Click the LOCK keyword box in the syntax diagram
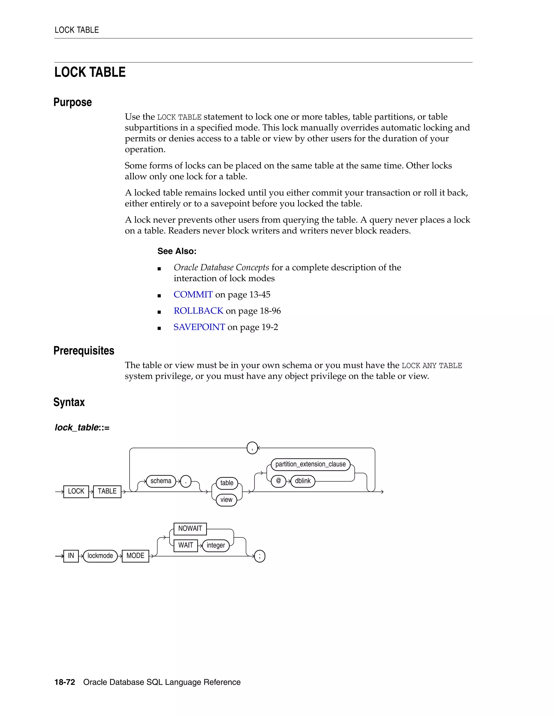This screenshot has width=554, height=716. (76, 491)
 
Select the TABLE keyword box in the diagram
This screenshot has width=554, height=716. (107, 491)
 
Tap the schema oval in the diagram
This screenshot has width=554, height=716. (161, 481)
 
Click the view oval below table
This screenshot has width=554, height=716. (226, 500)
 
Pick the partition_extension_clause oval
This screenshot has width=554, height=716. (311, 464)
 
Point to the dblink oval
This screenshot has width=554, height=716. (303, 481)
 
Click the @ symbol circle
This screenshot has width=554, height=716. (278, 481)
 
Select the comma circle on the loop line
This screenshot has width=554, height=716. (252, 448)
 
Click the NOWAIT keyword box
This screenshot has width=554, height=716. (190, 528)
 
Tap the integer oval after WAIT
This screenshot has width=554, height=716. (216, 545)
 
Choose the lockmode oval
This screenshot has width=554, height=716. (100, 556)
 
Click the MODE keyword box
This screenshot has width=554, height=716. (135, 556)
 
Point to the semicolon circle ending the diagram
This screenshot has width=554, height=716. (260, 556)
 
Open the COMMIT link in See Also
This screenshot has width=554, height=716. (193, 295)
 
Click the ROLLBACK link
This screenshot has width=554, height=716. (198, 311)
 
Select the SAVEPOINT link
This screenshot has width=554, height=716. (199, 327)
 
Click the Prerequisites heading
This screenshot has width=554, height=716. (84, 350)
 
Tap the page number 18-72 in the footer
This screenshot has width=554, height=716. (65, 682)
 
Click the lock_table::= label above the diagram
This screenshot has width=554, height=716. (82, 427)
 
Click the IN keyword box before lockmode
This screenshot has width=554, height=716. (71, 556)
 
